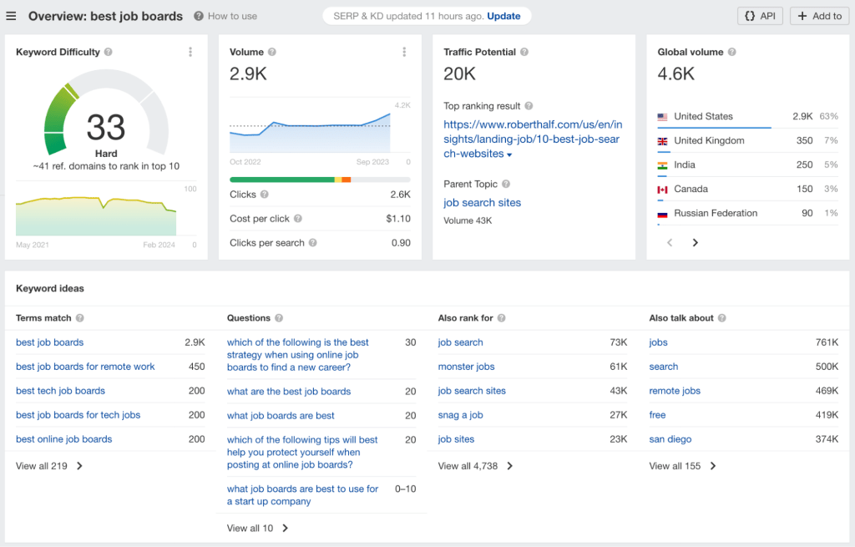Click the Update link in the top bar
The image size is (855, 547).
[x=503, y=16]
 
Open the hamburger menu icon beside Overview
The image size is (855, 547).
[x=11, y=16]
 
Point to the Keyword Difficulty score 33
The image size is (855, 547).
[x=106, y=128]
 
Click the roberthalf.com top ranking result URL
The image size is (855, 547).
[x=532, y=139]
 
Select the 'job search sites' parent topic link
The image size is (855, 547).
[x=482, y=203]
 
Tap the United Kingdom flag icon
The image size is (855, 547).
[x=663, y=141]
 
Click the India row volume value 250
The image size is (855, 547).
[x=804, y=165]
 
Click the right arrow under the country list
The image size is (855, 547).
[x=696, y=243]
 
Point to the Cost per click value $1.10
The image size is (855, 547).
[x=398, y=219]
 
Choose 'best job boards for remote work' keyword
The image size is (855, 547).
[x=85, y=367]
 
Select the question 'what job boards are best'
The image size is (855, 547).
[x=281, y=416]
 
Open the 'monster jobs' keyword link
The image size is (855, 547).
[x=466, y=367]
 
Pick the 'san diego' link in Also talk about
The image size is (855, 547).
[x=670, y=439]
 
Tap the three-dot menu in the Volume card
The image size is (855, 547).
[x=404, y=52]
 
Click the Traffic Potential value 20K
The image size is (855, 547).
[x=459, y=74]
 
